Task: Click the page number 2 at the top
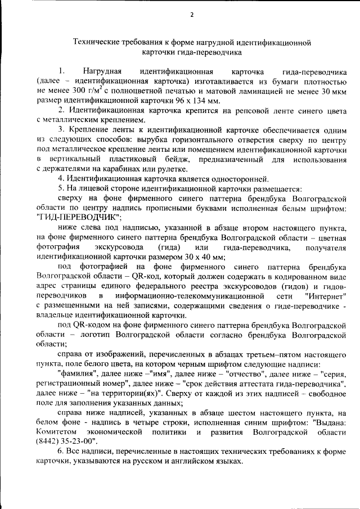[192, 15]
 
